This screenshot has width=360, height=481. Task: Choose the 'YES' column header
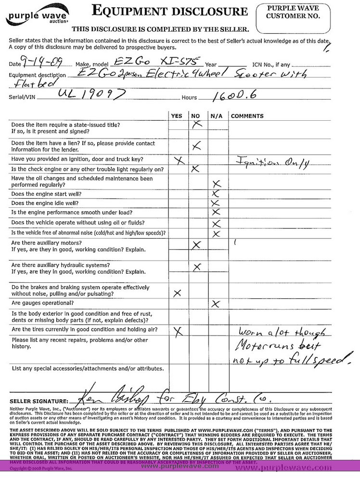(177, 116)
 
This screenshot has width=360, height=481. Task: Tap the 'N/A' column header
(215, 116)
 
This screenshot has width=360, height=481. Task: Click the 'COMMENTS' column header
(247, 116)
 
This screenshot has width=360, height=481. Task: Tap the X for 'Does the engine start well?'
(216, 193)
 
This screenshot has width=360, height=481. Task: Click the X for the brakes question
(177, 292)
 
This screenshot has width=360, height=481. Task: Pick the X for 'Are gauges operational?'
(216, 304)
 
